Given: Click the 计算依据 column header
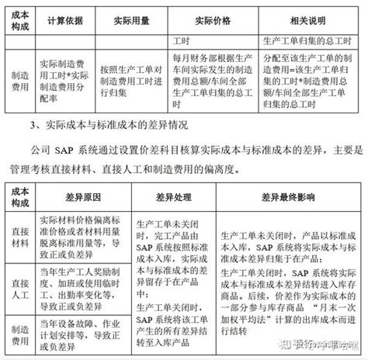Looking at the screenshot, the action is click(65, 19).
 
